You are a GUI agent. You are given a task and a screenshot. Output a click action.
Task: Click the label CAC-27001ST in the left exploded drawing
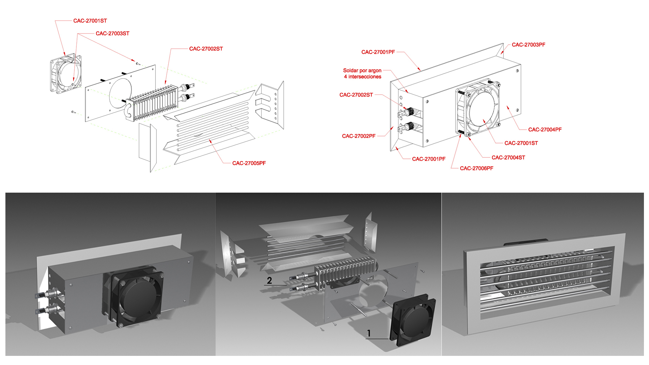[90, 21]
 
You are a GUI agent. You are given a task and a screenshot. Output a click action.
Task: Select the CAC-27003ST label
[112, 33]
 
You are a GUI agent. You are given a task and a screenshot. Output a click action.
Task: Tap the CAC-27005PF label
[249, 163]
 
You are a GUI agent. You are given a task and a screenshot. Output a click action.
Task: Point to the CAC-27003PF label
[528, 45]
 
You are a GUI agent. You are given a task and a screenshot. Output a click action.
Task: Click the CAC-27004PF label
[545, 130]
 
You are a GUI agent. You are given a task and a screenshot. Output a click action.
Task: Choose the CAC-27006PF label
[476, 168]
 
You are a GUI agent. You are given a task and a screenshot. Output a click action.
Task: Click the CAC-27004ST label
[508, 157]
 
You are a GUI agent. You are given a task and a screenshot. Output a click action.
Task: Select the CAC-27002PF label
[359, 136]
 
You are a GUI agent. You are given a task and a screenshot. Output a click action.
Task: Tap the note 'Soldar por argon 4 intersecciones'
[362, 74]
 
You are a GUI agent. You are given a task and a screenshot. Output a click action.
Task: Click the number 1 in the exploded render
[369, 334]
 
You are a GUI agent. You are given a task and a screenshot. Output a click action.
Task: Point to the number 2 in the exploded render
[269, 281]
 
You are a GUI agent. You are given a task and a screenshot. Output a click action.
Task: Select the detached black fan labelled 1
[413, 320]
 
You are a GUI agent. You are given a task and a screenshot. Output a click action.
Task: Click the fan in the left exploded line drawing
[66, 73]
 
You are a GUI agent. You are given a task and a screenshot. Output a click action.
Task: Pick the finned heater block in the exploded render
[345, 272]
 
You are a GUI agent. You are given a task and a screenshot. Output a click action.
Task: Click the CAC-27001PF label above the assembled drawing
[378, 52]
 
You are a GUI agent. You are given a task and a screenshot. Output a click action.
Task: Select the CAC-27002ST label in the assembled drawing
[356, 95]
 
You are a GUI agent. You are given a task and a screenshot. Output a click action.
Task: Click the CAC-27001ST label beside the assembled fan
[521, 143]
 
